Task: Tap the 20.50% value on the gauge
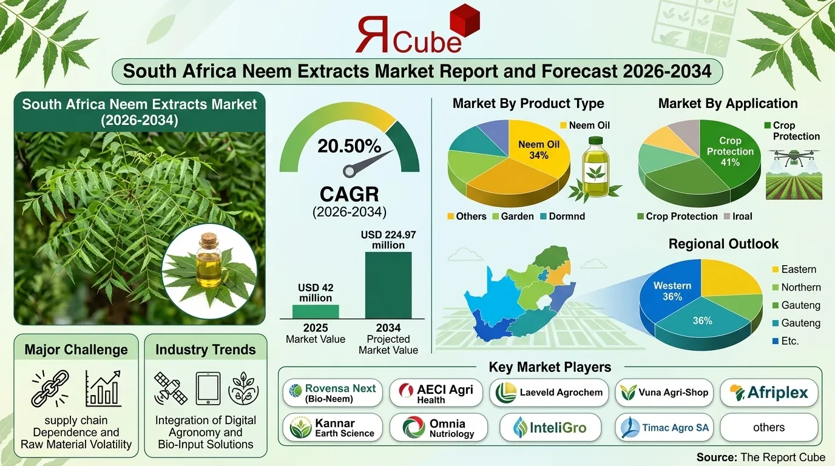pos(349,146)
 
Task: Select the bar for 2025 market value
pos(316,311)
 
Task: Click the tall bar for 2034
pos(388,285)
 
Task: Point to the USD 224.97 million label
pos(388,240)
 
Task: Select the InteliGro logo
pos(550,427)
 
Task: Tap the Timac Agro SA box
pos(667,427)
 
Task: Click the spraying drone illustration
pos(793,158)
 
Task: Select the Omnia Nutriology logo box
pos(438,427)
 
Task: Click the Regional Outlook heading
pos(723,244)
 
